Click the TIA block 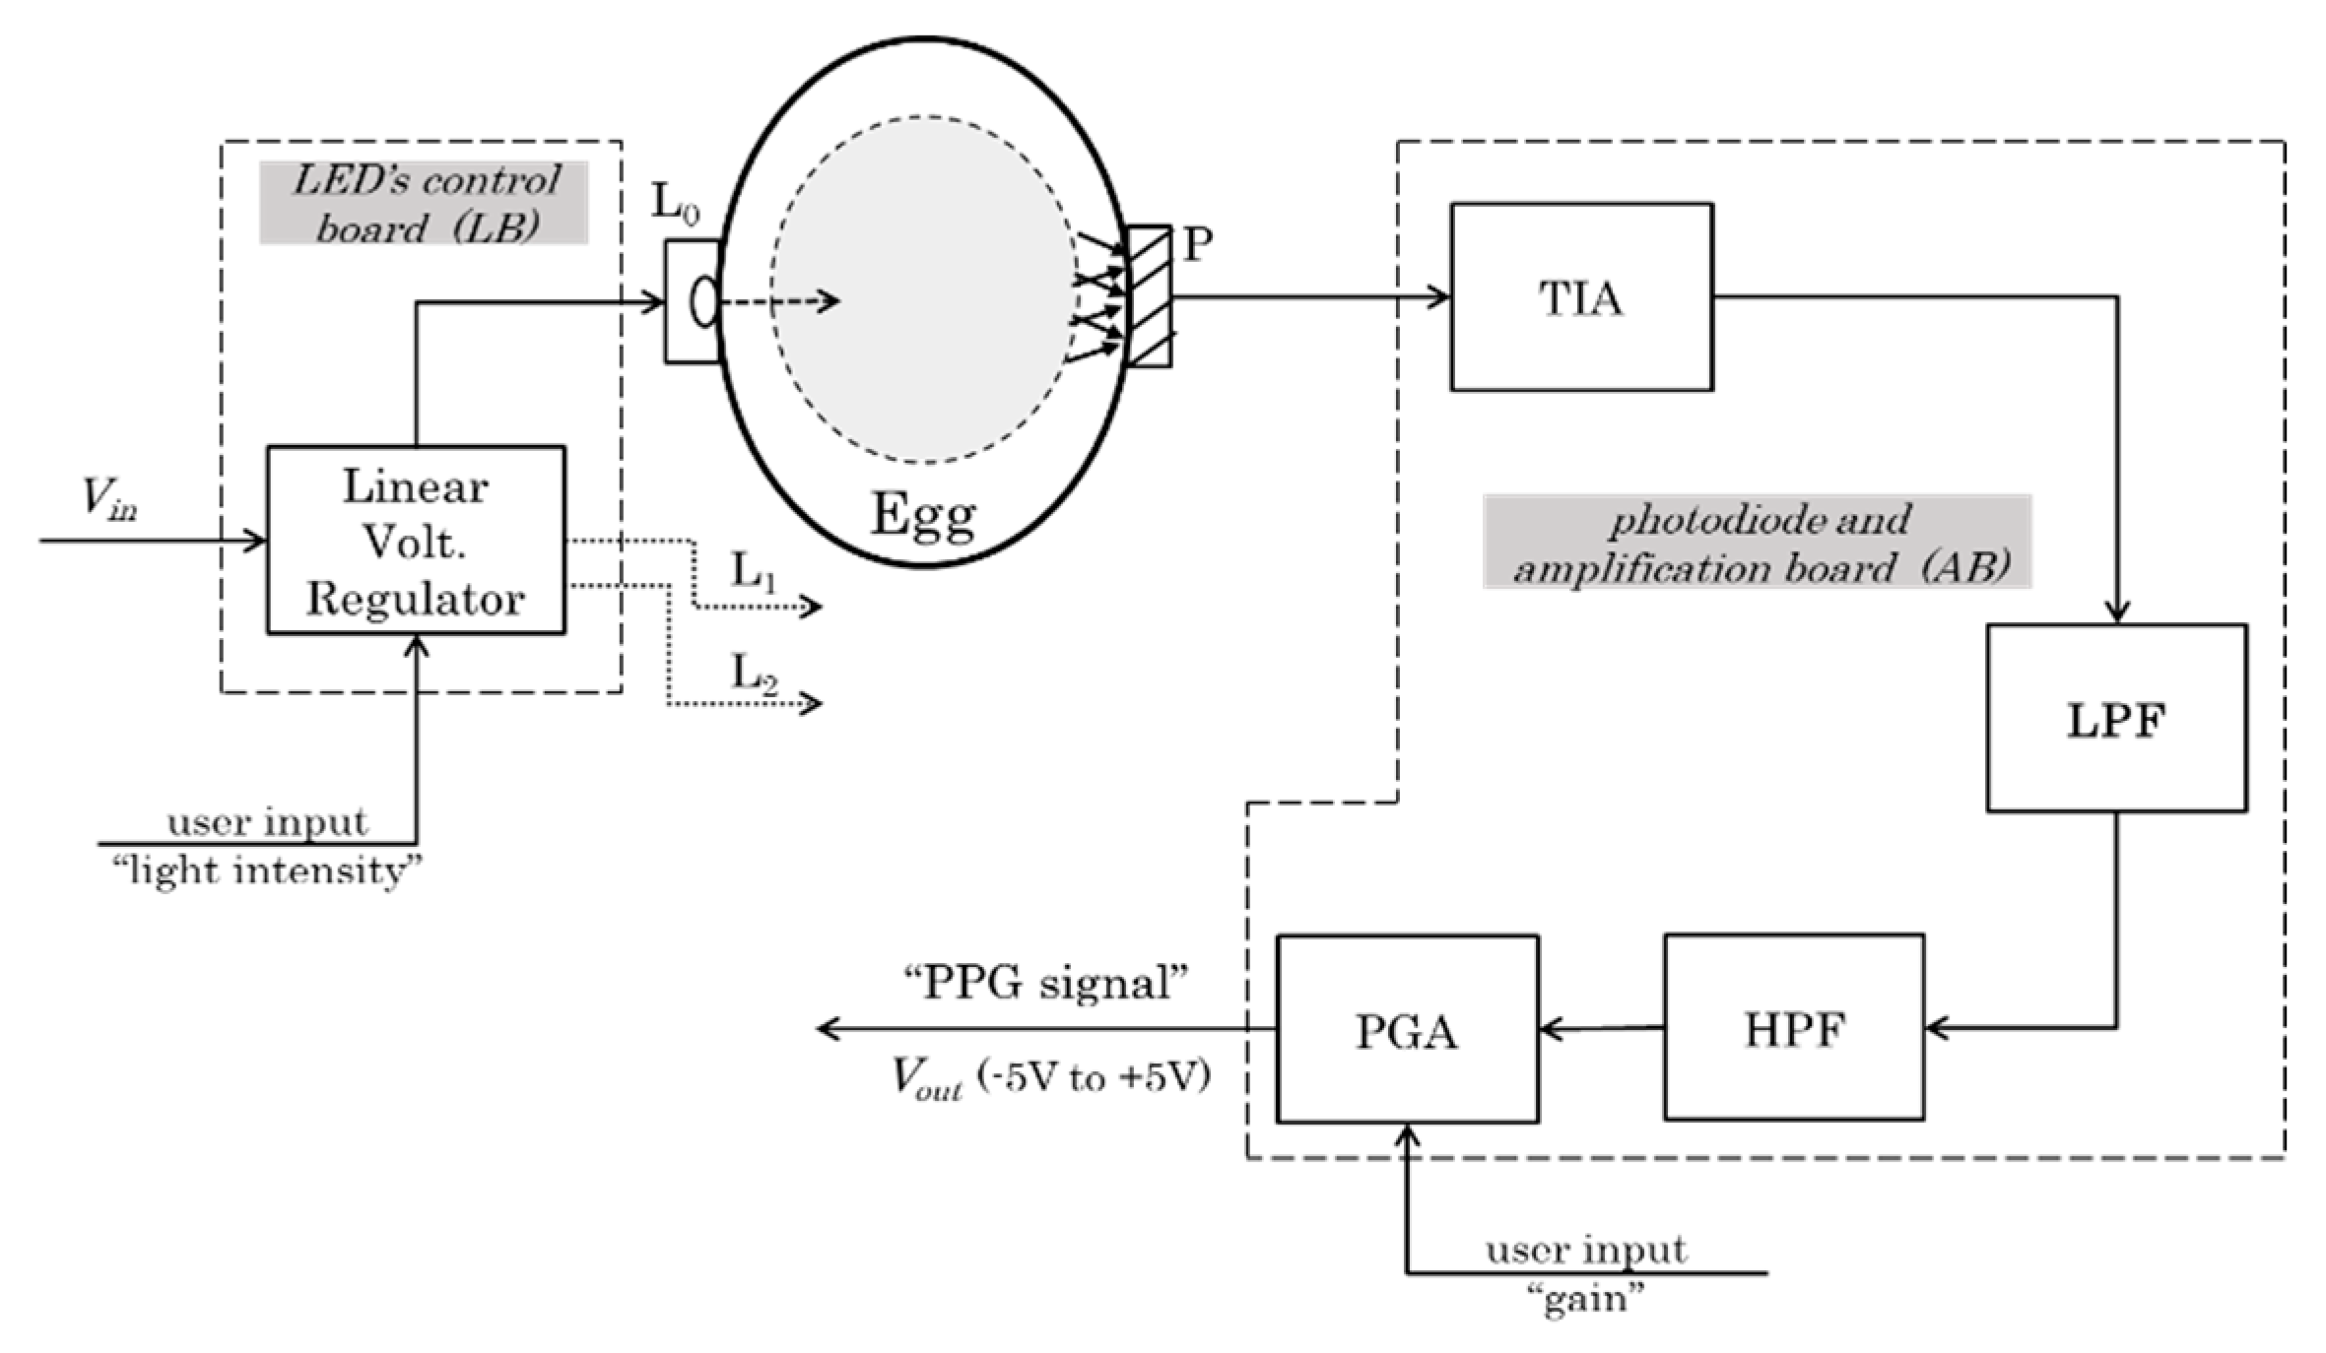click(x=1580, y=296)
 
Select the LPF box click(x=2116, y=718)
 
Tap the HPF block click(x=1793, y=1028)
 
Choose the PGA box click(x=1407, y=1029)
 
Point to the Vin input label click(x=108, y=497)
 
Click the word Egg click(x=923, y=514)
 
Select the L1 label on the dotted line click(x=754, y=571)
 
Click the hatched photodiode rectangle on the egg click(x=1149, y=296)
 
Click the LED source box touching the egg click(x=693, y=301)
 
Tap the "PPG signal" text click(x=1046, y=983)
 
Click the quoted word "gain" click(x=1585, y=1300)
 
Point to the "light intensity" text click(x=267, y=870)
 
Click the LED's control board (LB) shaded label click(x=425, y=203)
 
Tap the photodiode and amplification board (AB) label click(x=1758, y=542)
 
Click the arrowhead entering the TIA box click(x=1440, y=295)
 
